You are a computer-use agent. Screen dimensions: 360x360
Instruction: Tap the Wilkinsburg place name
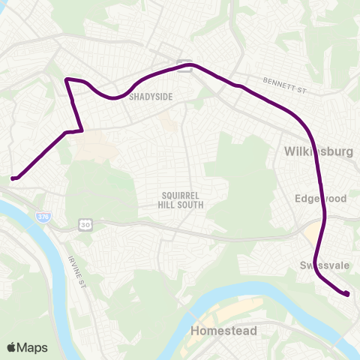coord(319,151)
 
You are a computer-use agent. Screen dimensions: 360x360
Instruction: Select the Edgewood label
coord(320,198)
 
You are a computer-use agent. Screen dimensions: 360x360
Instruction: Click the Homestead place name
coord(223,331)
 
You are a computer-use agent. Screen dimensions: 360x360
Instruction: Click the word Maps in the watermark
coord(33,347)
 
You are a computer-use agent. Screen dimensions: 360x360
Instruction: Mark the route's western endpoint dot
coord(13,178)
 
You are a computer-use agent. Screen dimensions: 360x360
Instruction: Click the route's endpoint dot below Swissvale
coord(347,294)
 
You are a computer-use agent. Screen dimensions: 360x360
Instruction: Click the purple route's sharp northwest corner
coord(67,79)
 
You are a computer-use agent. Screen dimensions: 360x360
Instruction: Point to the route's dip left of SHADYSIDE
coord(112,97)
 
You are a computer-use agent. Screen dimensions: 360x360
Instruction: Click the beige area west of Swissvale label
coord(309,238)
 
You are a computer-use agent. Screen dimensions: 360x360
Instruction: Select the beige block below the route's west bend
coord(94,148)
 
